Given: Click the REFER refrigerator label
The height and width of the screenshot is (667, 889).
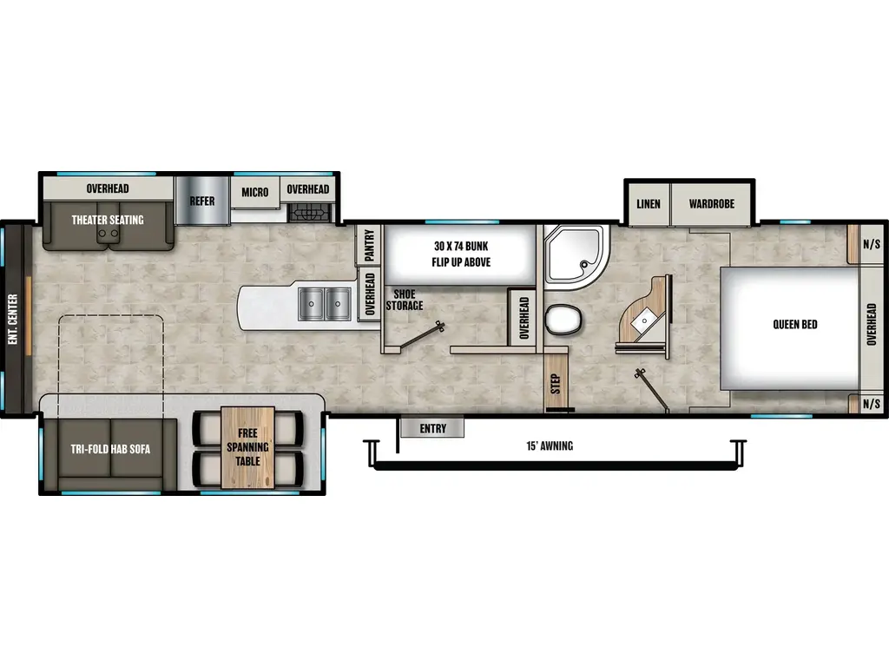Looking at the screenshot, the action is (x=201, y=201).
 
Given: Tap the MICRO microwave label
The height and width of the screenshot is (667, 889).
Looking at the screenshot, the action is (x=254, y=192).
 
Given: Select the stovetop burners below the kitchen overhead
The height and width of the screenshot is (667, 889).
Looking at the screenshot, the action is (x=309, y=214).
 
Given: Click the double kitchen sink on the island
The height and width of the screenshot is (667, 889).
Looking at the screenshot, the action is (x=325, y=304).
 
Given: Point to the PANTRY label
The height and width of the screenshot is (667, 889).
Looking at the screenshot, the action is (x=369, y=245).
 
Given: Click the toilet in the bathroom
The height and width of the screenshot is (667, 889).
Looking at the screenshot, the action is (x=563, y=320).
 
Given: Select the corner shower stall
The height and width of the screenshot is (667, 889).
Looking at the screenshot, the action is (x=575, y=256).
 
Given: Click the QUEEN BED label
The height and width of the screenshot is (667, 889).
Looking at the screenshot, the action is (x=795, y=325).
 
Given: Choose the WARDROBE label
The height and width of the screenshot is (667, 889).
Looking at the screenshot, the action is (x=712, y=203).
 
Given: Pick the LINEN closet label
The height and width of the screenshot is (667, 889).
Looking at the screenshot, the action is (x=648, y=203).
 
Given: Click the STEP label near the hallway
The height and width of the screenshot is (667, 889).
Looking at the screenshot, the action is (x=555, y=383).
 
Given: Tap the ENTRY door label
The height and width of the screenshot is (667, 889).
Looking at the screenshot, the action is (x=432, y=428).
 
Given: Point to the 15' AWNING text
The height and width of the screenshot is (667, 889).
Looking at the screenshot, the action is (x=550, y=446).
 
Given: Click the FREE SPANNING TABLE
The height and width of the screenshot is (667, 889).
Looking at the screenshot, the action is (x=247, y=447).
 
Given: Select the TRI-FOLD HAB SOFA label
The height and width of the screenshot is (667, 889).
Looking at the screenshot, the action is (x=110, y=449).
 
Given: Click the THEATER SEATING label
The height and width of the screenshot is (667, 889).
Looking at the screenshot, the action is (x=108, y=220).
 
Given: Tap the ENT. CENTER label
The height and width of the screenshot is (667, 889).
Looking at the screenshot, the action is (x=13, y=319).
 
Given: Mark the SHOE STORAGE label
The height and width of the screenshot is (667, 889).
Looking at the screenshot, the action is (x=405, y=300).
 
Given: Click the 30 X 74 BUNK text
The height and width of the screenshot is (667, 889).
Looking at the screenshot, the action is (x=461, y=246).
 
